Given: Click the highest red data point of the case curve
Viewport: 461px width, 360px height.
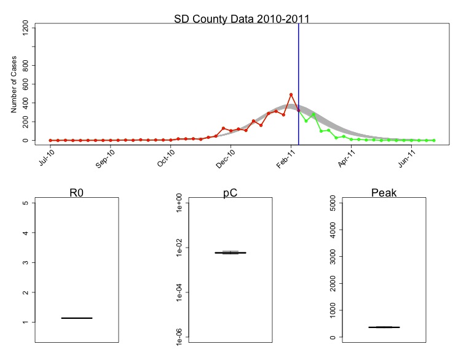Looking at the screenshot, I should coord(291,95).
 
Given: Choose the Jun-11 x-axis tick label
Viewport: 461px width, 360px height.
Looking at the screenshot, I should coord(408,158).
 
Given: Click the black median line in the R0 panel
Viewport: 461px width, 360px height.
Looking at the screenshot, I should coord(77,318).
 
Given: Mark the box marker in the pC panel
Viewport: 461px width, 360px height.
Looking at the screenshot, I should coord(230,252).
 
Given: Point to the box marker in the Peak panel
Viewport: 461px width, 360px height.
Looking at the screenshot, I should coord(384,327).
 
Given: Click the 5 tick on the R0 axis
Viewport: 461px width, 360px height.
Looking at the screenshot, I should coord(25,203).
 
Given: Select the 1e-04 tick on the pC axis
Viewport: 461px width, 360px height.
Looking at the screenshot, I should coord(179,294).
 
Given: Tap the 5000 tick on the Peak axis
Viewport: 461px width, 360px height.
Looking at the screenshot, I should coord(333,203).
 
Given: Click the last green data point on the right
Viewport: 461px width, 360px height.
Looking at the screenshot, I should coord(433,140).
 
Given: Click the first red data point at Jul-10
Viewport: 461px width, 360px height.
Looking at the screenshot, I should coord(50,140).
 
